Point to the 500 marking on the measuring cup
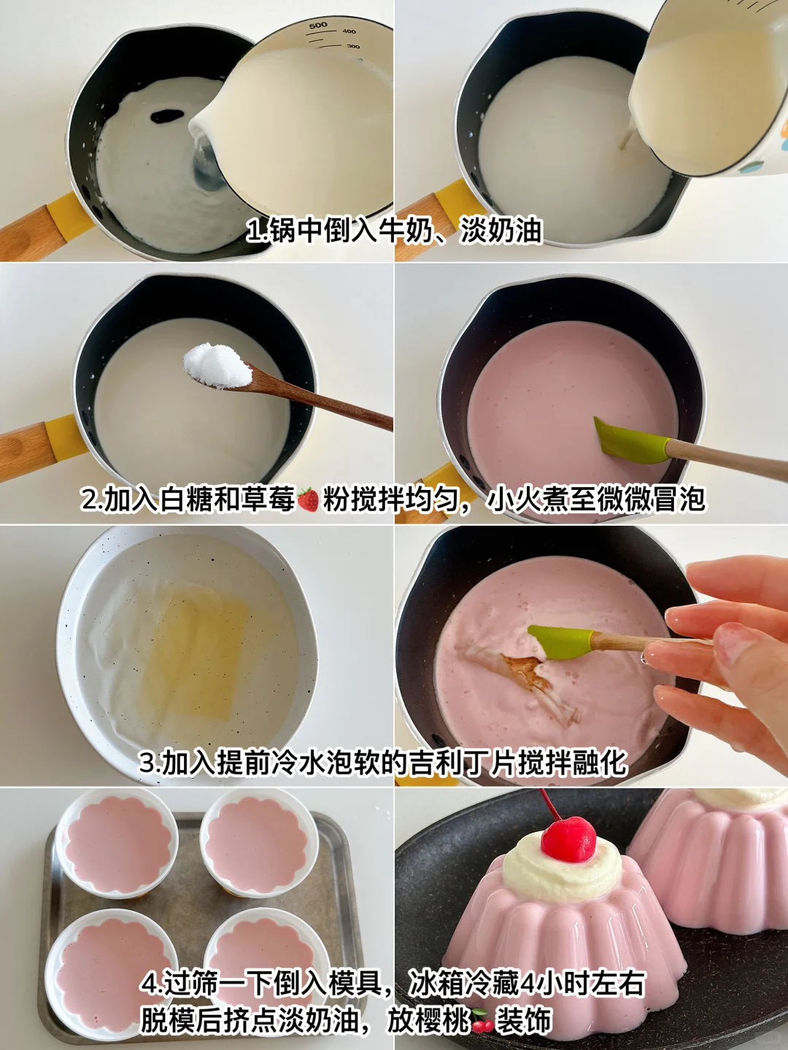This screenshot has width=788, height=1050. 317,24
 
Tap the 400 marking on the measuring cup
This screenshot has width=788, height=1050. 349,31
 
